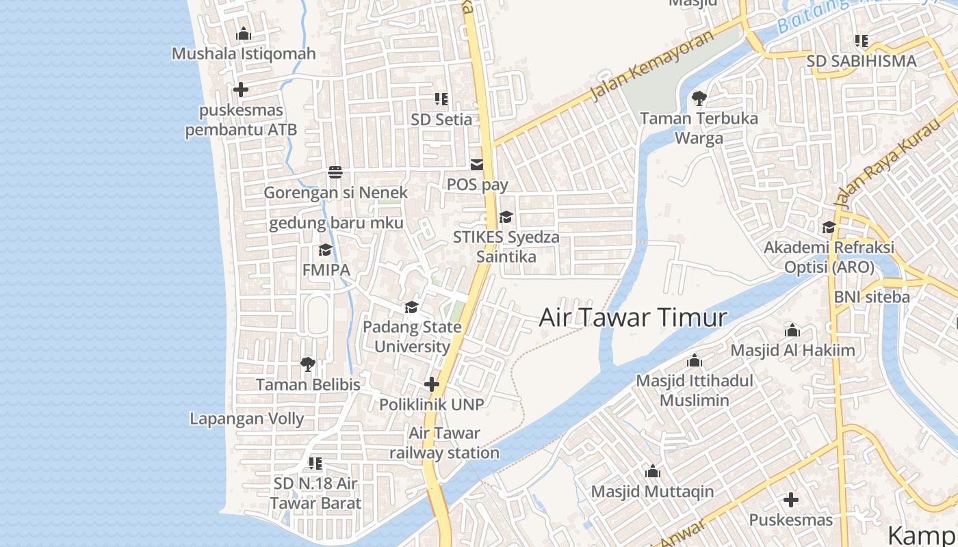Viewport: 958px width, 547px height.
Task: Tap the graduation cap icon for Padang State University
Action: (411, 308)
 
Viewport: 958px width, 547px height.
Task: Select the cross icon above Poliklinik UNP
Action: (431, 384)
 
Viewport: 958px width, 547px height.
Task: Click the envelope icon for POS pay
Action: (476, 165)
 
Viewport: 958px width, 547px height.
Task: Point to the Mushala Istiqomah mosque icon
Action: (243, 34)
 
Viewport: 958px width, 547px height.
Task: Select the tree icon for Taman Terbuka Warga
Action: (699, 98)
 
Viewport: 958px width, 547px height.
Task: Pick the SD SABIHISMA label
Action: (861, 61)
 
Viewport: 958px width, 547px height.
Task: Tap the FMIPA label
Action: (326, 270)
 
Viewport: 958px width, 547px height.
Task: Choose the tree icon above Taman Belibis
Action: (308, 364)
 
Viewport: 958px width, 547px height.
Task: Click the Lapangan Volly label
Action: (246, 418)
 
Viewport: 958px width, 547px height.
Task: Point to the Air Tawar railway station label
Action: (444, 443)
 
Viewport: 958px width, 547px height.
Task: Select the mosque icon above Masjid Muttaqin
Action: (652, 472)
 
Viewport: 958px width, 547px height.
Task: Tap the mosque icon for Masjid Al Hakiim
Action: (792, 331)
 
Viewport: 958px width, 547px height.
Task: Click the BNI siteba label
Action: (872, 297)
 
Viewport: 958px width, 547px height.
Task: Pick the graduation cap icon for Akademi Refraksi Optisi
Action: (829, 227)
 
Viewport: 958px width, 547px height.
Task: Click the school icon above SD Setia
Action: (441, 99)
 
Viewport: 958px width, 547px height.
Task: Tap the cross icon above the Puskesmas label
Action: (791, 500)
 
